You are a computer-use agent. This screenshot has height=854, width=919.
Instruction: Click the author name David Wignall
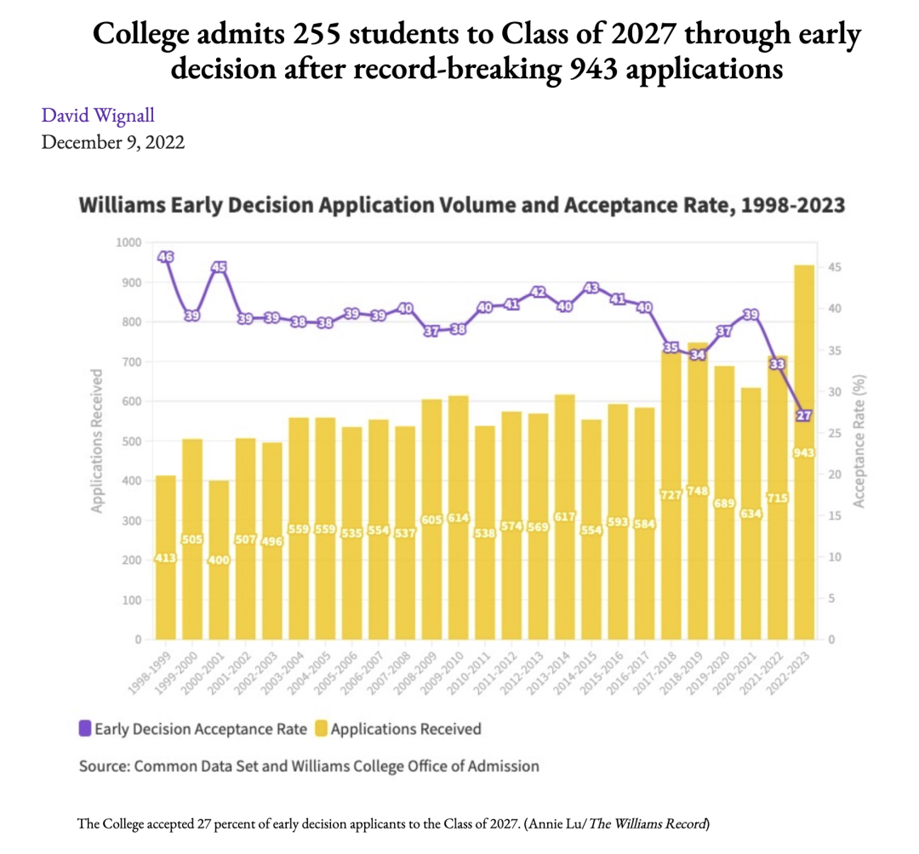(98, 114)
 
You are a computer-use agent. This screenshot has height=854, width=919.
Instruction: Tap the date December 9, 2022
(113, 141)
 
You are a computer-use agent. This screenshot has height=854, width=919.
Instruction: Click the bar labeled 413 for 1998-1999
(165, 557)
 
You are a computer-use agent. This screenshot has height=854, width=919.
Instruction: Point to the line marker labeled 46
(166, 257)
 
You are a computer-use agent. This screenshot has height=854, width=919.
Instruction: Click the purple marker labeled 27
(804, 416)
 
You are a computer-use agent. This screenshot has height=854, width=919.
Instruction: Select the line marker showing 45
(219, 268)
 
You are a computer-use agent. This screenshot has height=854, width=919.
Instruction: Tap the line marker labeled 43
(591, 288)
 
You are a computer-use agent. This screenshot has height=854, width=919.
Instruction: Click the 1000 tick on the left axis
(128, 242)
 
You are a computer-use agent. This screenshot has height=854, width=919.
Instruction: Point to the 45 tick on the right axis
(836, 268)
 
